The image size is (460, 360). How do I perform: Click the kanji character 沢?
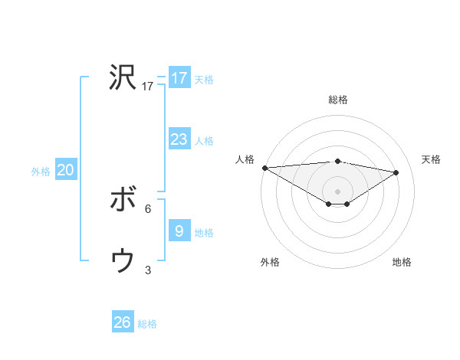123,77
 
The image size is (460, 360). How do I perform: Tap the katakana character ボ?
123,201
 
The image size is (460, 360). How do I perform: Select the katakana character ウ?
123,261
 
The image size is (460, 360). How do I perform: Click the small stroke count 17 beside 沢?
148,87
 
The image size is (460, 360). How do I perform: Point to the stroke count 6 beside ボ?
148,208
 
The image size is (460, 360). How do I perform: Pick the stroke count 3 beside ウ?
148,270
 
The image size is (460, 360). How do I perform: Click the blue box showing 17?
179,78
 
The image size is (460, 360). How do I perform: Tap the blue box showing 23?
179,139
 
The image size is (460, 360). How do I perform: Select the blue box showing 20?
65,171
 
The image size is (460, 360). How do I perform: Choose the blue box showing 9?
179,231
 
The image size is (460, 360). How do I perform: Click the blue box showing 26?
123,322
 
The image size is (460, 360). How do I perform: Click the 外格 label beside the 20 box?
41,172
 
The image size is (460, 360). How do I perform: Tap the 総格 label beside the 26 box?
147,324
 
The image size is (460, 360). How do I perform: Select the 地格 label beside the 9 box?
204,232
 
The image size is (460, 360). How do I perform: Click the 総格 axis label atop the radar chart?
337,100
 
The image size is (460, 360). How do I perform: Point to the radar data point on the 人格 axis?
264,167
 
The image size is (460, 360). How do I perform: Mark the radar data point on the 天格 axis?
396,172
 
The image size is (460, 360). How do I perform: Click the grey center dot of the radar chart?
337,190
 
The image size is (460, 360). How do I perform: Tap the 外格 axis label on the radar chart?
270,262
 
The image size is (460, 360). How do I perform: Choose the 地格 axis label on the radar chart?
402,262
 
